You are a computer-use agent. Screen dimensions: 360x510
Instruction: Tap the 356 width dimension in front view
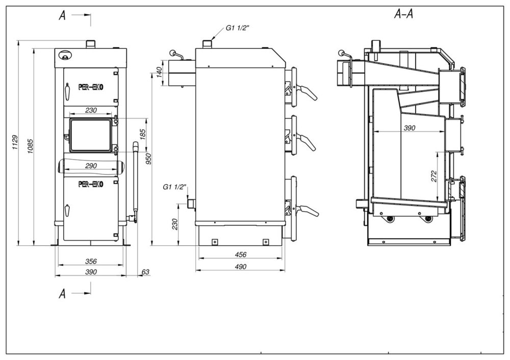point(91,261)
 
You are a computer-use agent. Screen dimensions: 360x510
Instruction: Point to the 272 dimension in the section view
point(433,176)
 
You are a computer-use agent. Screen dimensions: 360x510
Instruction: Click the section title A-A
point(403,14)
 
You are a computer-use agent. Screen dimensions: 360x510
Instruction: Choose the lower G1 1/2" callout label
point(175,187)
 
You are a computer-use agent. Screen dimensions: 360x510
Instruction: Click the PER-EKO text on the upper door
point(91,87)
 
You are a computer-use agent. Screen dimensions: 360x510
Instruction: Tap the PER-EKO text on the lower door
point(91,184)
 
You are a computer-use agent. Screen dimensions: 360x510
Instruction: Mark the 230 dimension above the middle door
point(91,110)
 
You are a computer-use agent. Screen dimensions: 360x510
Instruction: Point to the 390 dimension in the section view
point(410,128)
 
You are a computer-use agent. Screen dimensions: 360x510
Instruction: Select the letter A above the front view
point(62,15)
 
